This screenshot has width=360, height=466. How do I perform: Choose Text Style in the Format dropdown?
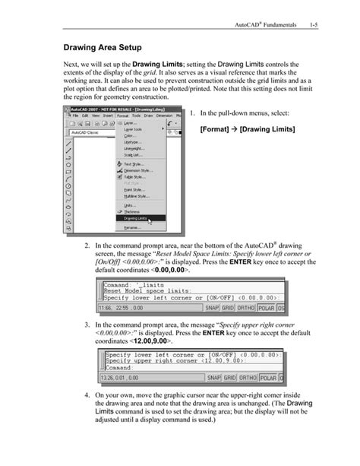[x=134, y=163]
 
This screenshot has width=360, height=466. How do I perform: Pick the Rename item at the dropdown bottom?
[x=132, y=227]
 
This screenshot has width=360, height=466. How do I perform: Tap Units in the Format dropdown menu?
[x=130, y=205]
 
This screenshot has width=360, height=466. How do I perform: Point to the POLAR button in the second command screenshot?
[x=269, y=377]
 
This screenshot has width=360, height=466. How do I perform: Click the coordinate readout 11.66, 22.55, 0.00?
[x=124, y=309]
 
